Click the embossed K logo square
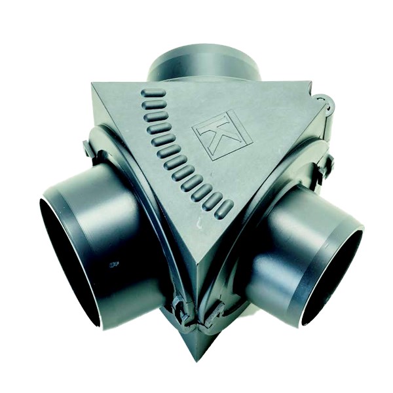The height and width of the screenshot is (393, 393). pyautogui.click(x=223, y=136)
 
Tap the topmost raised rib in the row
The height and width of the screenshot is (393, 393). pyautogui.click(x=153, y=93)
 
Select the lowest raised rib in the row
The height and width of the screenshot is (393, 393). pyautogui.click(x=224, y=210)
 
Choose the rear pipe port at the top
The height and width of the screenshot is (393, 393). pyautogui.click(x=204, y=64)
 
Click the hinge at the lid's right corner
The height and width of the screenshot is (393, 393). pyautogui.click(x=325, y=104)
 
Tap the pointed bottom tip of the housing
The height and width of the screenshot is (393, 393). pyautogui.click(x=197, y=360)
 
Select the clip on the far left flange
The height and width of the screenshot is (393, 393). pyautogui.click(x=88, y=149)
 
